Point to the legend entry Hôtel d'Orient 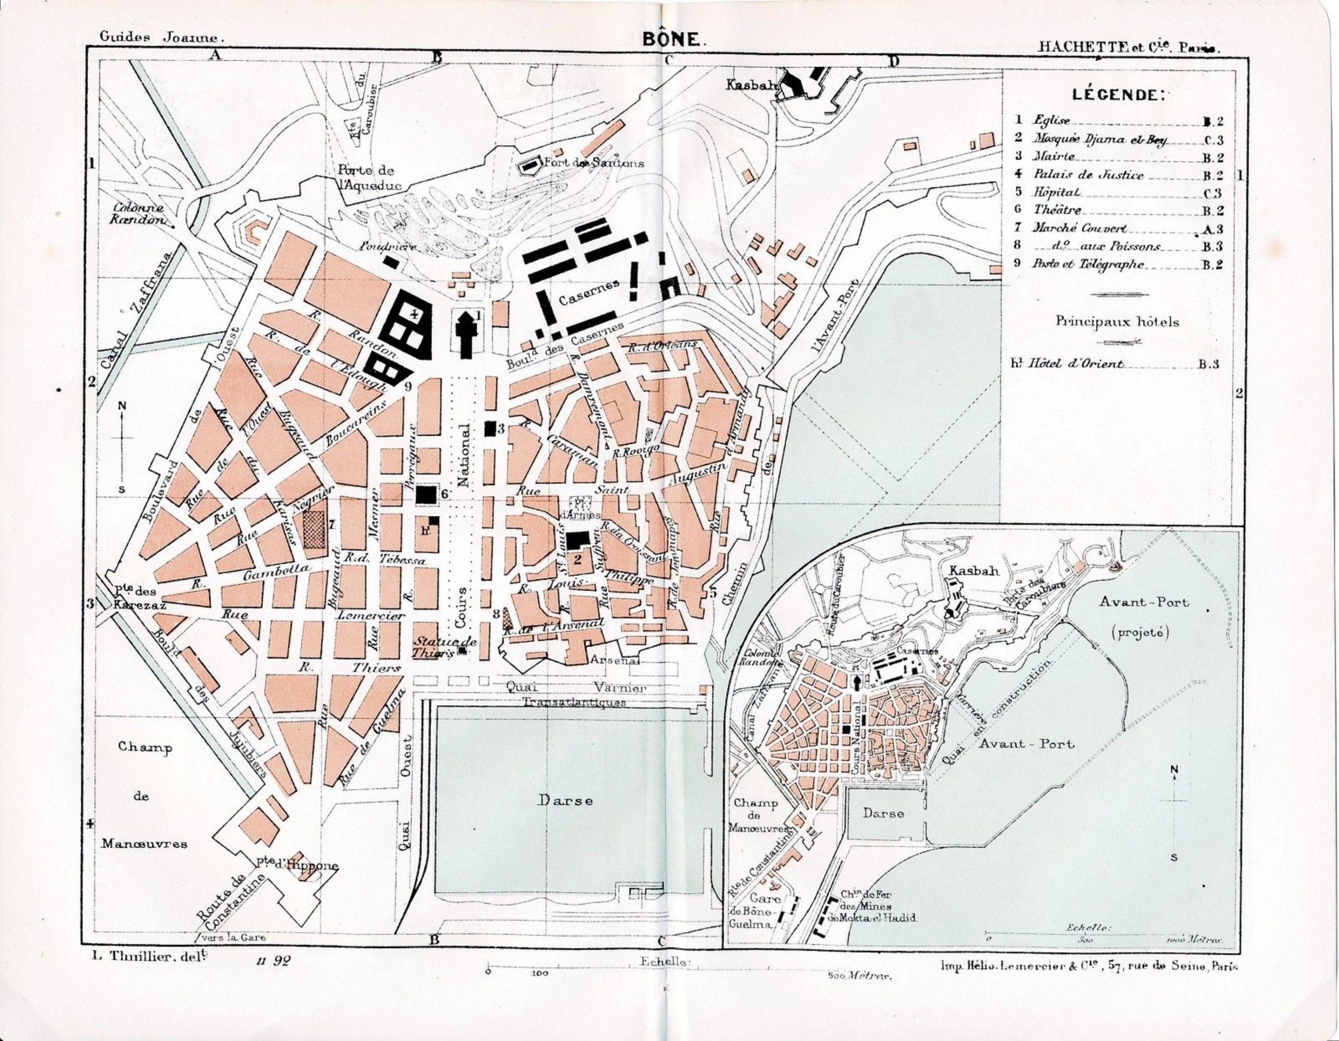click(1080, 363)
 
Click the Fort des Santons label click(594, 163)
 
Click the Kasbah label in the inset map click(973, 571)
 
